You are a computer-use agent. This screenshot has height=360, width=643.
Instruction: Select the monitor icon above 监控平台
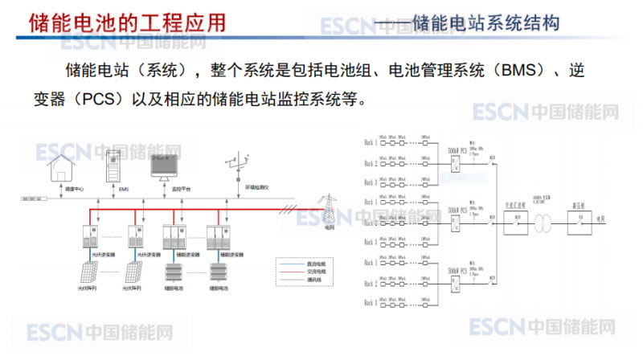pos(168,168)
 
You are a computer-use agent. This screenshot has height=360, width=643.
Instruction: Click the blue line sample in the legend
pos(286,263)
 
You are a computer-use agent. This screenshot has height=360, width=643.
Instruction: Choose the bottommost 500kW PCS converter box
pos(457,279)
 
